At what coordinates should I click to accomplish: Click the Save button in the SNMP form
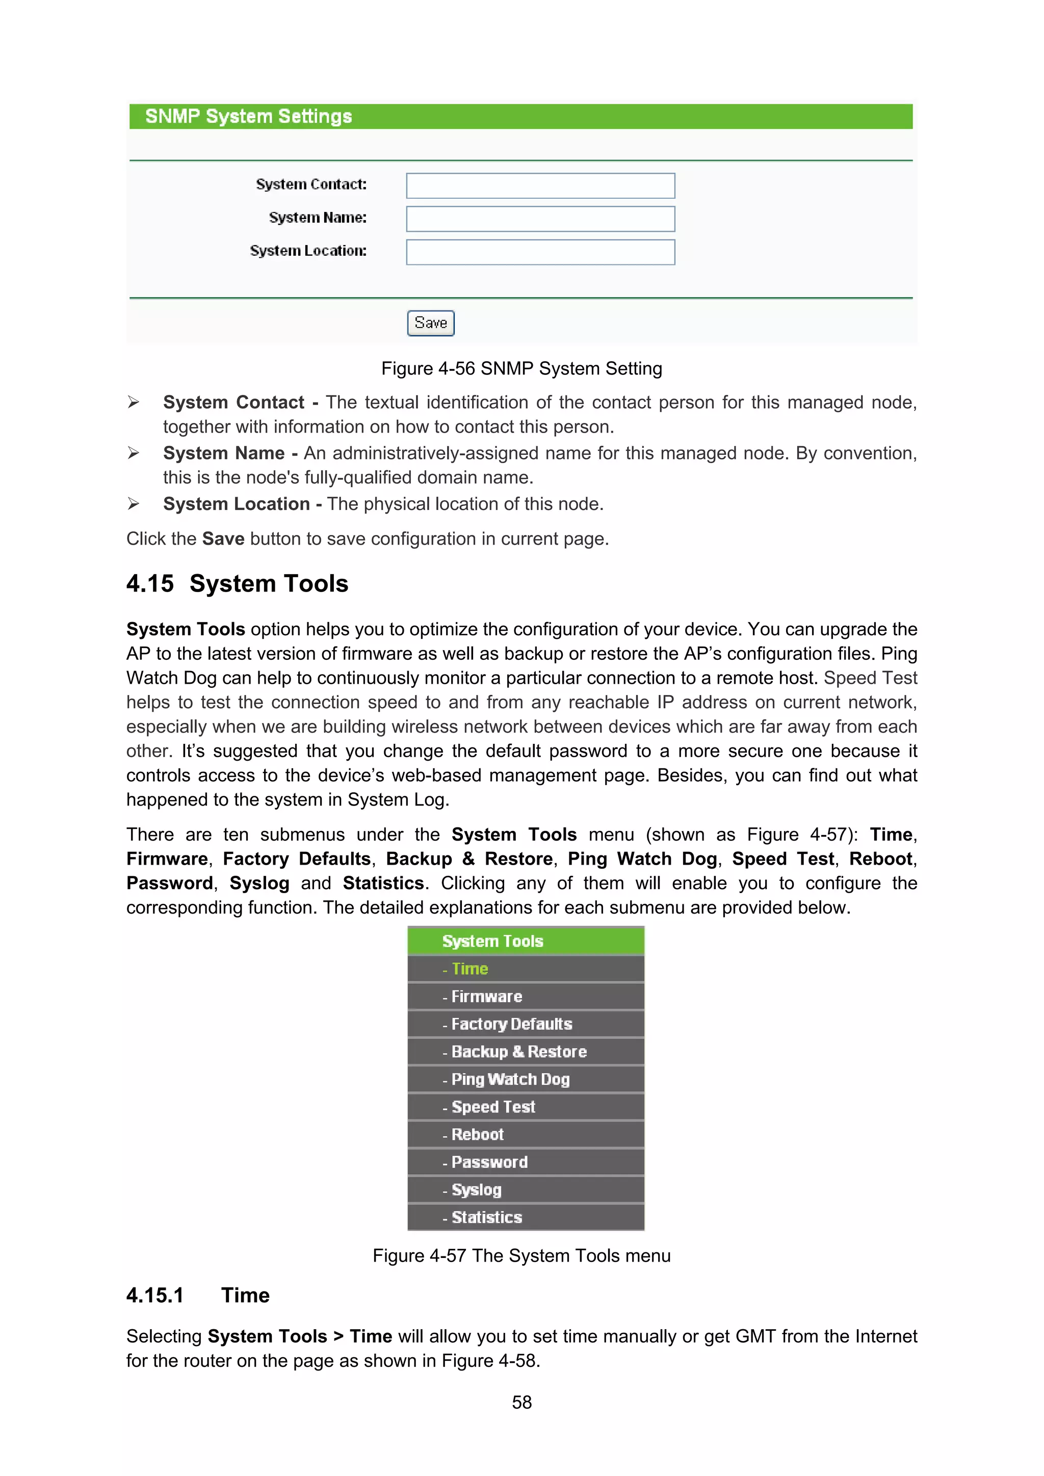click(430, 323)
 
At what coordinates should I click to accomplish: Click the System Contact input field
click(540, 186)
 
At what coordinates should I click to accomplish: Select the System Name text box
click(540, 219)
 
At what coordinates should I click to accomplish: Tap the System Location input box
click(540, 252)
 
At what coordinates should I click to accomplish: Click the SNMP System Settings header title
click(248, 116)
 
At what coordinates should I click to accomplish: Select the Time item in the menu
click(469, 969)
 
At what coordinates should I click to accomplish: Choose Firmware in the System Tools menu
click(486, 997)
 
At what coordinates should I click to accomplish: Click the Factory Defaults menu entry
click(511, 1024)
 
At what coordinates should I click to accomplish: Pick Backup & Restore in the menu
click(518, 1052)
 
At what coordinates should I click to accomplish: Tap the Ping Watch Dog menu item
click(510, 1079)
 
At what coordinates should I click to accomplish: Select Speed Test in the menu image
click(493, 1107)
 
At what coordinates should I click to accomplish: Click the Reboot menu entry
click(477, 1135)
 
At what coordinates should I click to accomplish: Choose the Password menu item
click(489, 1162)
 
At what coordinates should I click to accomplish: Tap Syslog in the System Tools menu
click(476, 1190)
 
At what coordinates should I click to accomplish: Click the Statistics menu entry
click(486, 1218)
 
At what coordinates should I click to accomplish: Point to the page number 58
click(521, 1402)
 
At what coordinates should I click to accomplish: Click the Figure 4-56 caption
click(521, 368)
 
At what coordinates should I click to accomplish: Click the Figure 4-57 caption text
click(521, 1255)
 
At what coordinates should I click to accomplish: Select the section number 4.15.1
click(155, 1295)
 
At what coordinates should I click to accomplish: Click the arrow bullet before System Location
click(133, 504)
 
